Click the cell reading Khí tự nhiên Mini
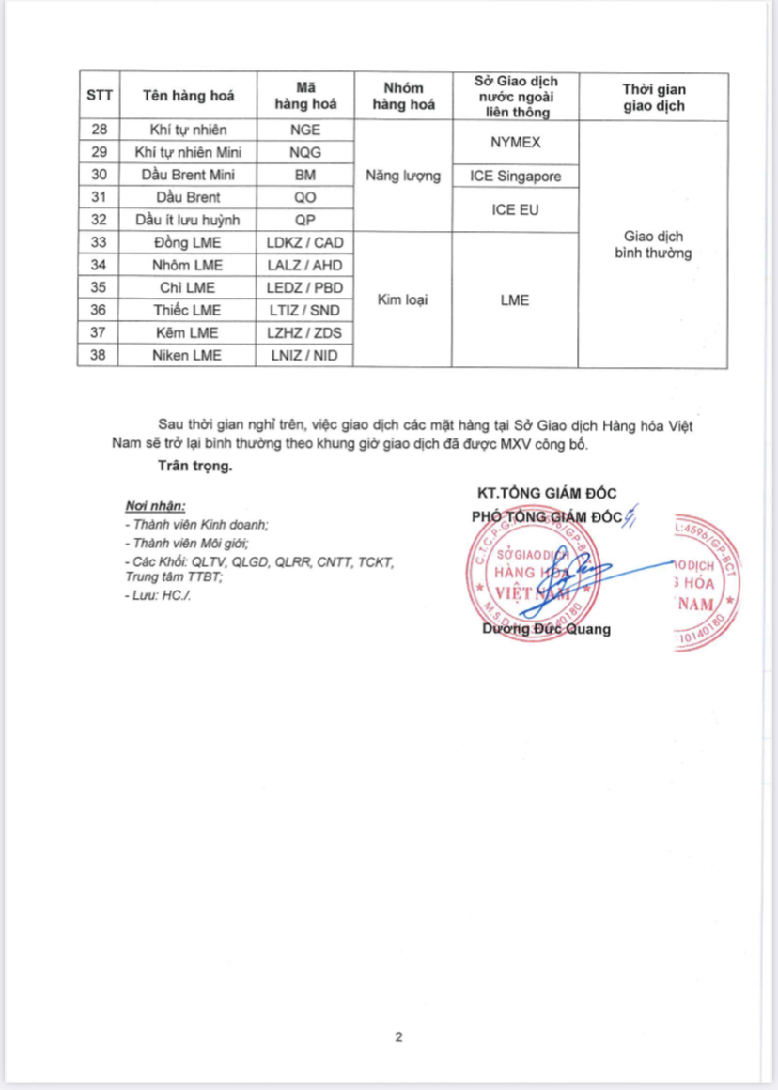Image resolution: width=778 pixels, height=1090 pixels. tap(188, 152)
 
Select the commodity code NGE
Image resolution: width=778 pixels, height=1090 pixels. tap(305, 130)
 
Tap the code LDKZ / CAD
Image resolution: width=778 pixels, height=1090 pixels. tap(305, 242)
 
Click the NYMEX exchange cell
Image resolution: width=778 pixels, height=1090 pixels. tap(514, 142)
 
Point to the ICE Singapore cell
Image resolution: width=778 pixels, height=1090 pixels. tap(514, 176)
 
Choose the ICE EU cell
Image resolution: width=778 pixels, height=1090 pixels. tap(514, 209)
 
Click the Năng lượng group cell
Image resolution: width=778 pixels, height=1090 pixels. tap(404, 176)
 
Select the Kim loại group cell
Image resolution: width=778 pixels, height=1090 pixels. tap(404, 299)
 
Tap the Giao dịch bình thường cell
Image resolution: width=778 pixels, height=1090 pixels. tap(653, 244)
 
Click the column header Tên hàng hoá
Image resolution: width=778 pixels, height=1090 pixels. tap(188, 96)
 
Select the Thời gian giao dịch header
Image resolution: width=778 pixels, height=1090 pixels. tap(653, 97)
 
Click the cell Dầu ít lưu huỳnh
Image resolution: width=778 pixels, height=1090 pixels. tap(188, 220)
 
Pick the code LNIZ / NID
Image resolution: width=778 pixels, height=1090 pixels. tap(305, 355)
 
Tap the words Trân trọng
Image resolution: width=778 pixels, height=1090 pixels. tap(194, 465)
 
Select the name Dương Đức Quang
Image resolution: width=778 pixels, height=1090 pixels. tap(546, 629)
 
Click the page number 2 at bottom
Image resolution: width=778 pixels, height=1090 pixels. tap(398, 1037)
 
